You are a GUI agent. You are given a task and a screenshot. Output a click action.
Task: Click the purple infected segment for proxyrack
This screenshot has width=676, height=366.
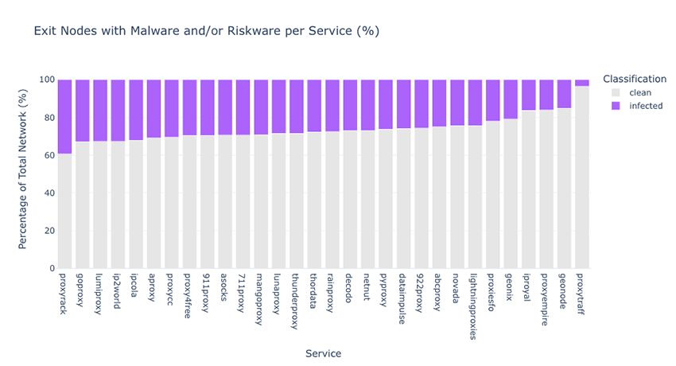coord(64,116)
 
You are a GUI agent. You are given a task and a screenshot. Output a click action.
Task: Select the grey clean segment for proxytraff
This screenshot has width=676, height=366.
coord(582,177)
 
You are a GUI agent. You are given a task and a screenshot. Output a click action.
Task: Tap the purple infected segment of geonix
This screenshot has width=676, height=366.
coord(511,99)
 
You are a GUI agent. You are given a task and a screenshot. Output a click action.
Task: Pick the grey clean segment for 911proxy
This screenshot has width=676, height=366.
coord(208,202)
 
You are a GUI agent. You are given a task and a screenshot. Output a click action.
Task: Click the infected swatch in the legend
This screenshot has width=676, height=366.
coord(616,106)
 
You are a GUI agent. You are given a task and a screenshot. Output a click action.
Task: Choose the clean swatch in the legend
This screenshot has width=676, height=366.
coord(616,92)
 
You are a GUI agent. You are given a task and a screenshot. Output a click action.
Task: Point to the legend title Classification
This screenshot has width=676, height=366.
coord(635,79)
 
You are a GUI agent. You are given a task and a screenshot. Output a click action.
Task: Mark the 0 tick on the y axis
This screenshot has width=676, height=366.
coord(52,268)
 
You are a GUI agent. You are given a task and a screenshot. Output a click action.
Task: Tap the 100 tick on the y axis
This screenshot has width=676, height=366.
coord(47,80)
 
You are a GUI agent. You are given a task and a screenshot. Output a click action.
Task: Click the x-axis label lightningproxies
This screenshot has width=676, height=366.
coord(474,306)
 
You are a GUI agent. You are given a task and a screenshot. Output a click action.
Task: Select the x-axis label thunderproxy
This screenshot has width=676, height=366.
coord(295,302)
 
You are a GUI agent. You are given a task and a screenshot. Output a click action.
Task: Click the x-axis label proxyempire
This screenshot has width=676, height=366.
coord(545,300)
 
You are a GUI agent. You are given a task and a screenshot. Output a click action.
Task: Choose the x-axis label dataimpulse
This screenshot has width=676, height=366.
coord(402,298)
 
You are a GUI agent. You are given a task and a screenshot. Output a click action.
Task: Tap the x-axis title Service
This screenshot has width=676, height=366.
coord(324,353)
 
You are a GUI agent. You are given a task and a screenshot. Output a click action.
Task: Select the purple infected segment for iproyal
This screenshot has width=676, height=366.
coord(529,95)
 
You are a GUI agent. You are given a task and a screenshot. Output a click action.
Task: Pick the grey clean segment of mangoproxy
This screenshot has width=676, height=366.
coord(261,201)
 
